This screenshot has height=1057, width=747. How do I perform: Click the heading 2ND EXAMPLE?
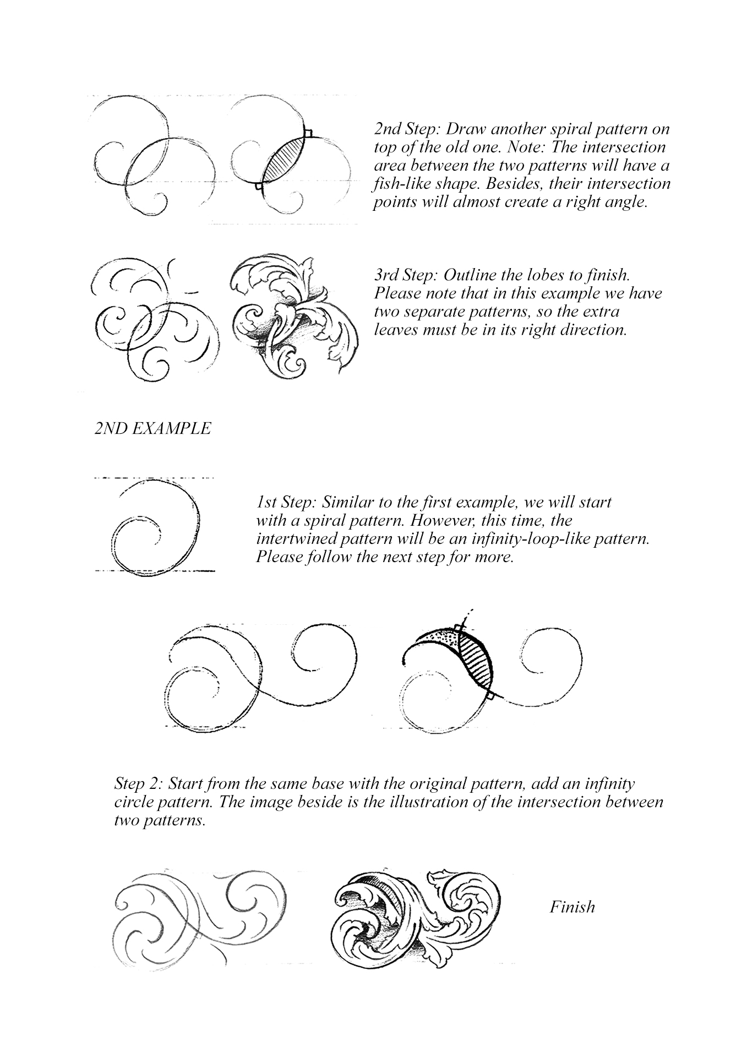click(x=152, y=429)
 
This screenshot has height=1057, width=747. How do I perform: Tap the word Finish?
click(x=572, y=907)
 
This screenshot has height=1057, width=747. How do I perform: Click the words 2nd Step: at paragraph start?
click(x=407, y=129)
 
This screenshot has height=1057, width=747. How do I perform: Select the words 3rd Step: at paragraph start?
click(x=406, y=275)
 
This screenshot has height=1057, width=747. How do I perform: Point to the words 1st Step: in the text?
click(x=286, y=503)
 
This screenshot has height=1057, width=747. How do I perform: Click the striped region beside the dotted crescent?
click(x=475, y=658)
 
